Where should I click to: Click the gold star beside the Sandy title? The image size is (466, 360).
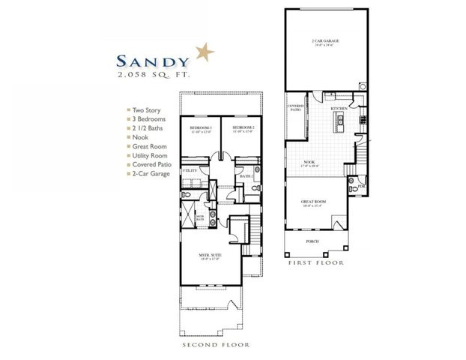[204, 53]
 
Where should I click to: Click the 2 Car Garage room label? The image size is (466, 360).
[324, 40]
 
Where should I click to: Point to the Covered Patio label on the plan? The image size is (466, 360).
[295, 109]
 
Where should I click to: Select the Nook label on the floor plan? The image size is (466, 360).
[309, 162]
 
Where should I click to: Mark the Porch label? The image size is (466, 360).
[312, 241]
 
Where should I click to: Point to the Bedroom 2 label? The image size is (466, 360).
[243, 128]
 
